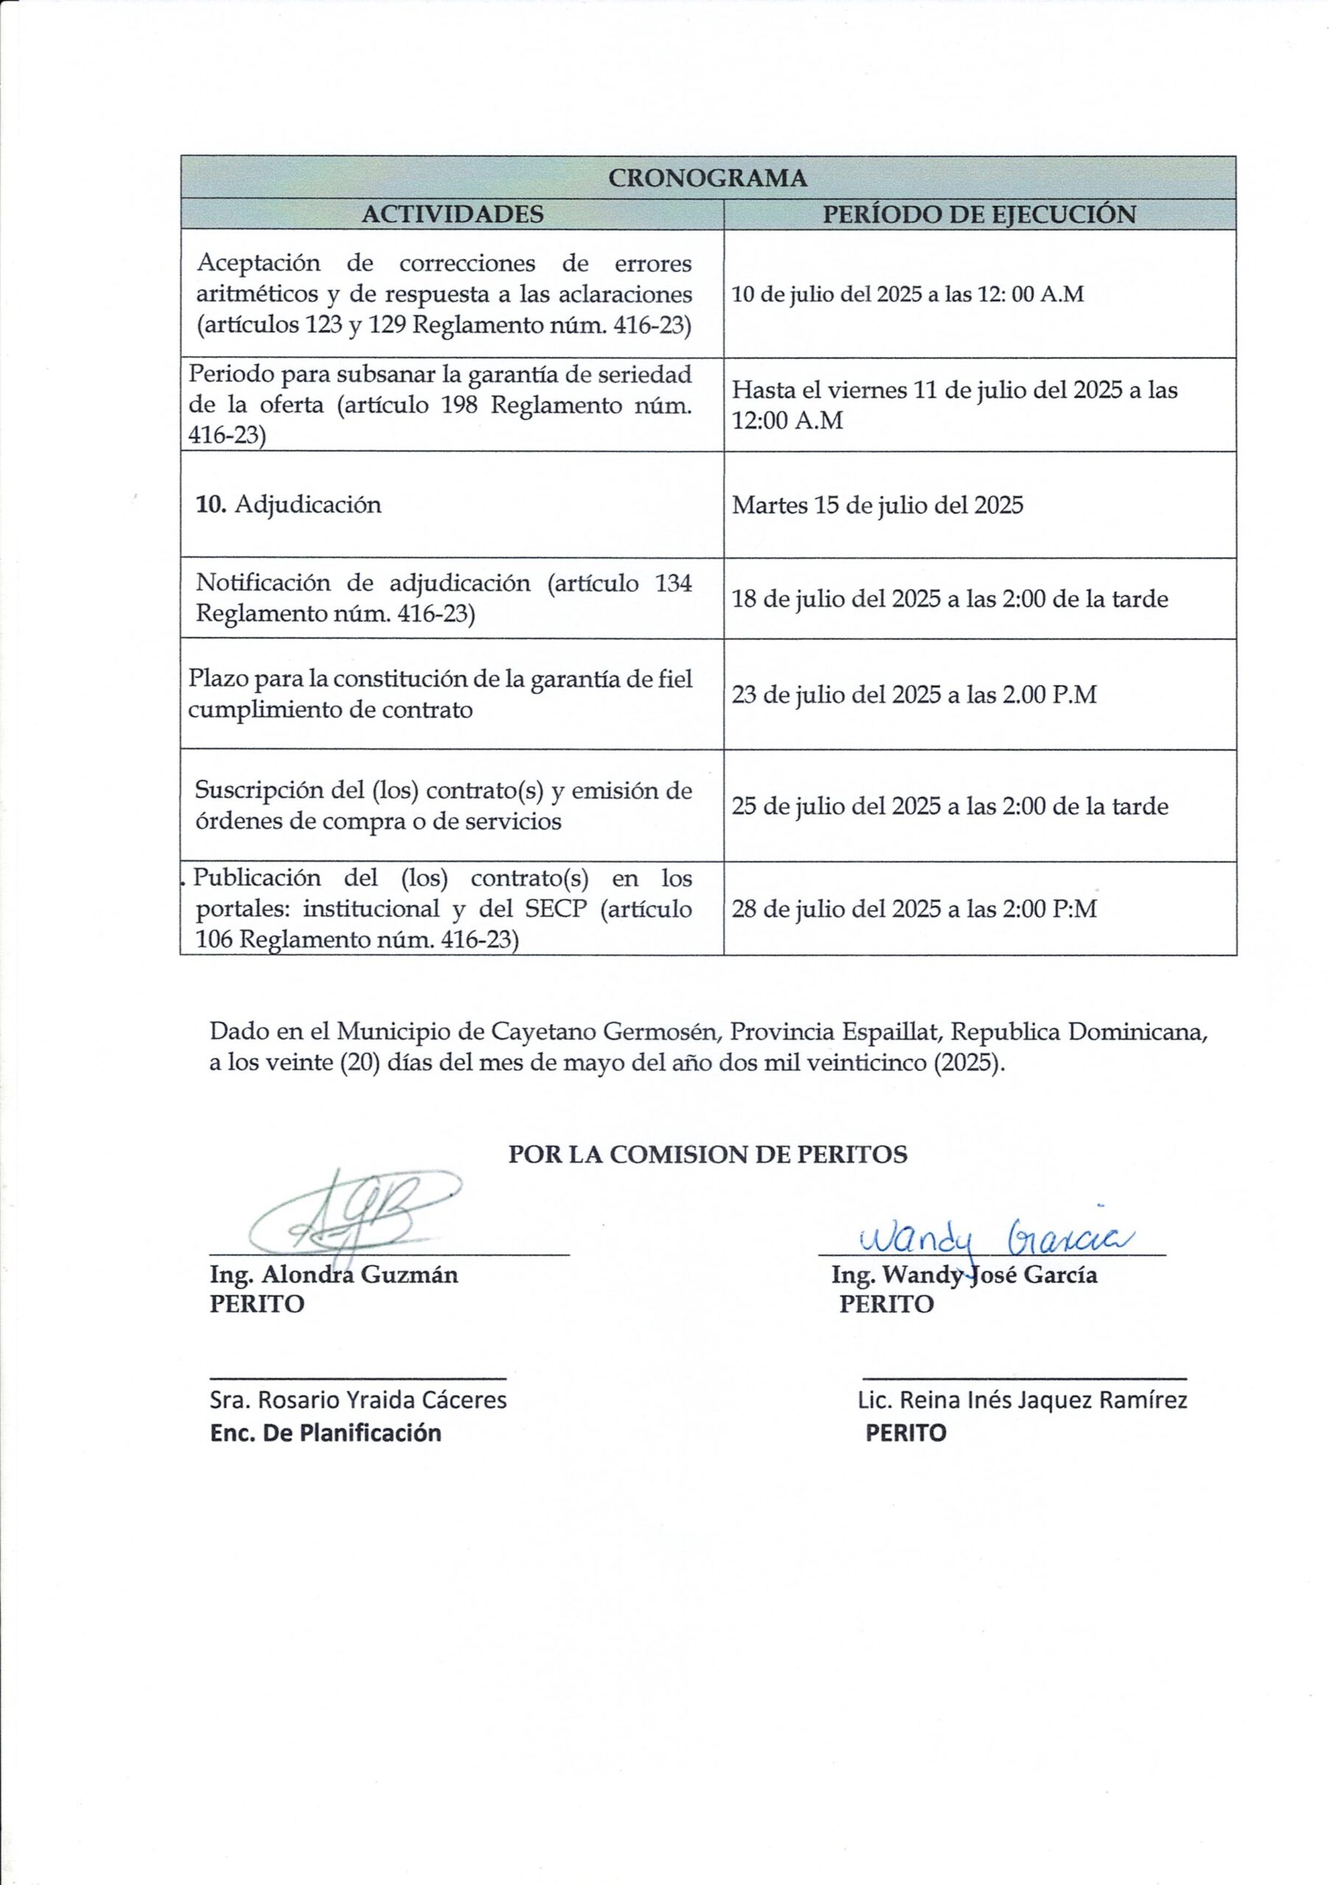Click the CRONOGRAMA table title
[x=708, y=178]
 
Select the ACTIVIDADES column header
[x=452, y=214]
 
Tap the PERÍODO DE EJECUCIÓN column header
[x=979, y=214]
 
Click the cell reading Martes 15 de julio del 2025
[x=878, y=504]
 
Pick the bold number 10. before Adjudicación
[x=211, y=504]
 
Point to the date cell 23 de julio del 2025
[x=914, y=694]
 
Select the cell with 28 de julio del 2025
[x=914, y=909]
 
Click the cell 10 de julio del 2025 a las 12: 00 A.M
[x=907, y=294]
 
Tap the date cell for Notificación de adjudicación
[x=950, y=599]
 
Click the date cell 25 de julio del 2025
[x=950, y=806]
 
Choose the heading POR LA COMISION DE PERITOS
[x=708, y=1155]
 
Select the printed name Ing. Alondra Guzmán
[x=334, y=1275]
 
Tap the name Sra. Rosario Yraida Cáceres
[x=358, y=1400]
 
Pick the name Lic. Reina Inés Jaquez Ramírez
[x=1022, y=1400]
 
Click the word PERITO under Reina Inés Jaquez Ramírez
[x=906, y=1433]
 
